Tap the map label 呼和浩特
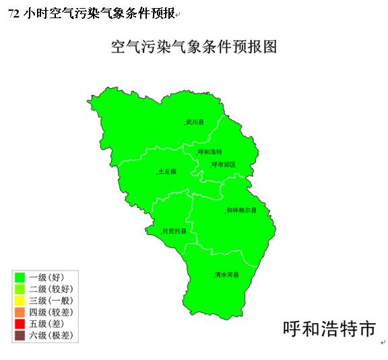pyautogui.click(x=210, y=151)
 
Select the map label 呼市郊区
pyautogui.click(x=224, y=164)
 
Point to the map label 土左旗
pyautogui.click(x=167, y=172)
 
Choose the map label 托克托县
pyautogui.click(x=174, y=231)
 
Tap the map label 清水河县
pyautogui.click(x=227, y=275)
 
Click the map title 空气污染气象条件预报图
pyautogui.click(x=194, y=47)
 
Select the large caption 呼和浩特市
pyautogui.click(x=329, y=329)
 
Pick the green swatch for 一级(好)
pyautogui.click(x=20, y=277)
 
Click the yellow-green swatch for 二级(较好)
pyautogui.click(x=20, y=289)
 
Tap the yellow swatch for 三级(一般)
pyautogui.click(x=20, y=300)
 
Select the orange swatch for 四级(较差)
pyautogui.click(x=20, y=312)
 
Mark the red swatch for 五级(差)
pyautogui.click(x=20, y=323)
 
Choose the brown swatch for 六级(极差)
pyautogui.click(x=20, y=335)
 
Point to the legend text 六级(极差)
pyautogui.click(x=51, y=335)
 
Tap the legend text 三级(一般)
pyautogui.click(x=51, y=300)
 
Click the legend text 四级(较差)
pyautogui.click(x=51, y=312)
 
